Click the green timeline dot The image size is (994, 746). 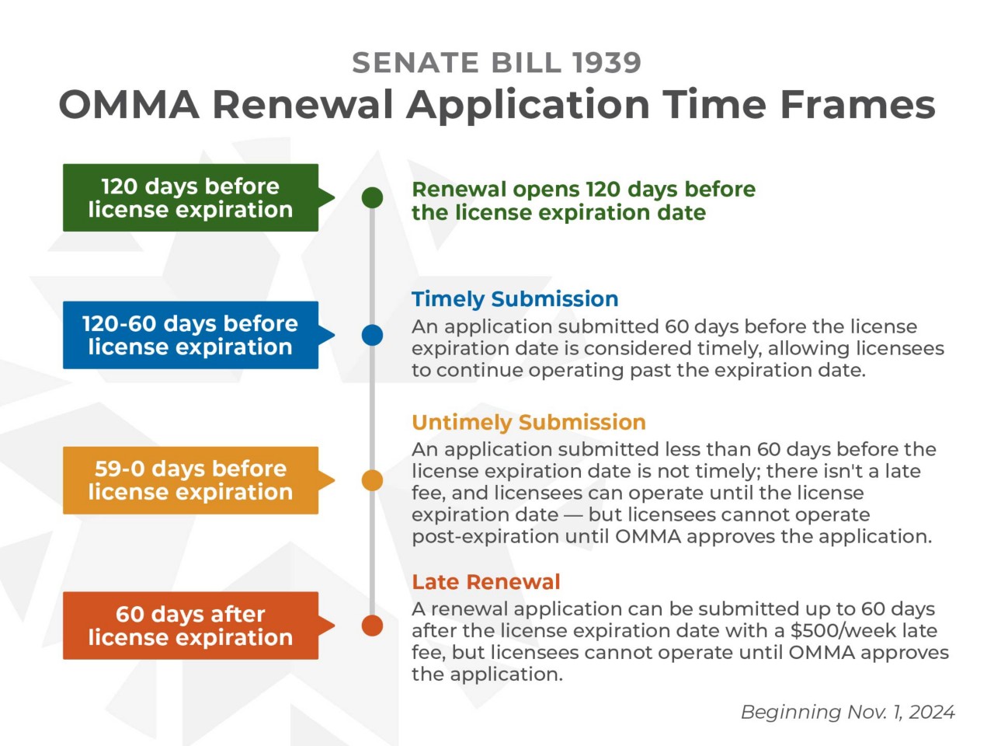pyautogui.click(x=373, y=197)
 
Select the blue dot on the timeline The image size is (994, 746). pyautogui.click(x=373, y=335)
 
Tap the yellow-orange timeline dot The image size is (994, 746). pyautogui.click(x=373, y=480)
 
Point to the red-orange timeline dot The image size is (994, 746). pyautogui.click(x=373, y=626)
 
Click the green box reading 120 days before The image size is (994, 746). pyautogui.click(x=190, y=197)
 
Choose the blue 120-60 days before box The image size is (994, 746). pyautogui.click(x=190, y=335)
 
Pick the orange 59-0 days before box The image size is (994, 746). pyautogui.click(x=190, y=480)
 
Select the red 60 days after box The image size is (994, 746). pyautogui.click(x=190, y=626)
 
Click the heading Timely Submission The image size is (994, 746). pyautogui.click(x=515, y=299)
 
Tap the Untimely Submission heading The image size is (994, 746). pyautogui.click(x=529, y=422)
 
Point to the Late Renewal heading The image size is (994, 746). pyautogui.click(x=486, y=582)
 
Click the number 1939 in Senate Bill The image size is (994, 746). pyautogui.click(x=606, y=63)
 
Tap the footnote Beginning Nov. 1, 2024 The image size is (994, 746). pyautogui.click(x=847, y=712)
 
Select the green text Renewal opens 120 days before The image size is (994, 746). pyautogui.click(x=583, y=190)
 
